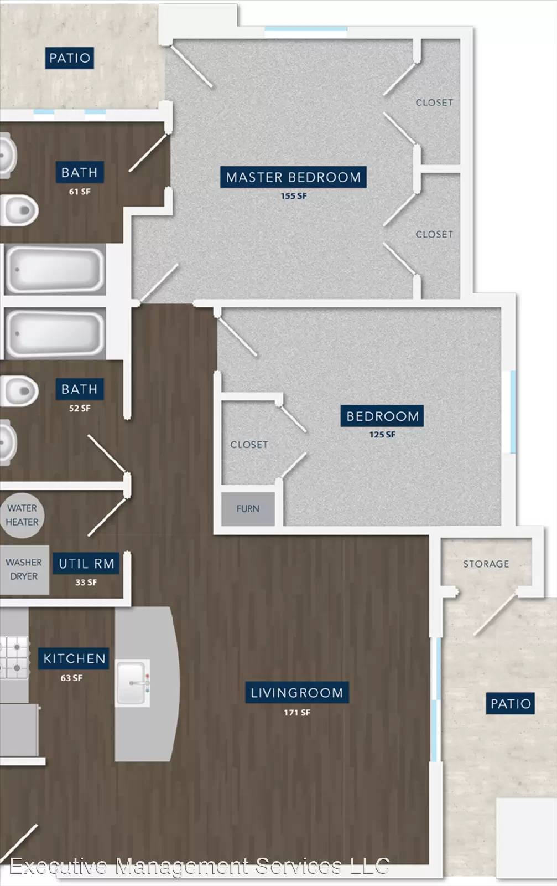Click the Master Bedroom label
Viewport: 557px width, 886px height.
pos(293,177)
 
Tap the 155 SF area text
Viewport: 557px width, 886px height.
pos(294,196)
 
